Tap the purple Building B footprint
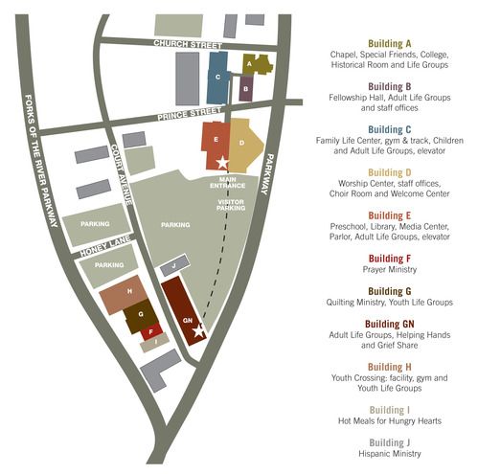click(245, 89)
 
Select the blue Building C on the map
click(218, 78)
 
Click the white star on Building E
click(222, 163)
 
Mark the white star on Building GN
click(198, 331)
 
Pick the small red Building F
click(150, 334)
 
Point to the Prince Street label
click(189, 113)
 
